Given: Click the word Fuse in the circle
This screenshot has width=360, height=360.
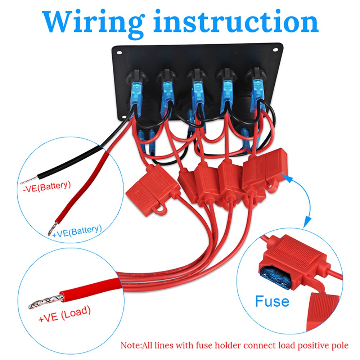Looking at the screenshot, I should coord(272,301).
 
